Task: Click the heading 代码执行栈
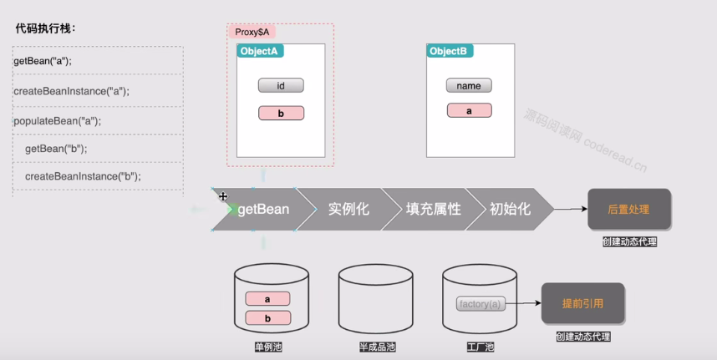point(46,28)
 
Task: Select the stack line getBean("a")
point(43,61)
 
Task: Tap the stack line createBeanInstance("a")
point(72,91)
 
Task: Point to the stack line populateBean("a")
point(57,121)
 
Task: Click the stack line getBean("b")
point(56,149)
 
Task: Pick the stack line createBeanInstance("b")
point(83,176)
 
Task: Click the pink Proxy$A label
point(251,33)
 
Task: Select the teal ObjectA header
point(261,51)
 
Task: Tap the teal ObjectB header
point(449,51)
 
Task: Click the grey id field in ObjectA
point(281,85)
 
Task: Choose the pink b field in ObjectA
point(281,113)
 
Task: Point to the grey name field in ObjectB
point(469,85)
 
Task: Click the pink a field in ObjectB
point(469,110)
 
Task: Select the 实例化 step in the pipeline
point(348,210)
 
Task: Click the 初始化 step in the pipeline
point(510,210)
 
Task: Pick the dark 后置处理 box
point(628,209)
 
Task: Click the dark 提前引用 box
point(582,303)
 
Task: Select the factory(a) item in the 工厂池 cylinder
point(481,304)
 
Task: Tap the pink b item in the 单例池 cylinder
point(267,317)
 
